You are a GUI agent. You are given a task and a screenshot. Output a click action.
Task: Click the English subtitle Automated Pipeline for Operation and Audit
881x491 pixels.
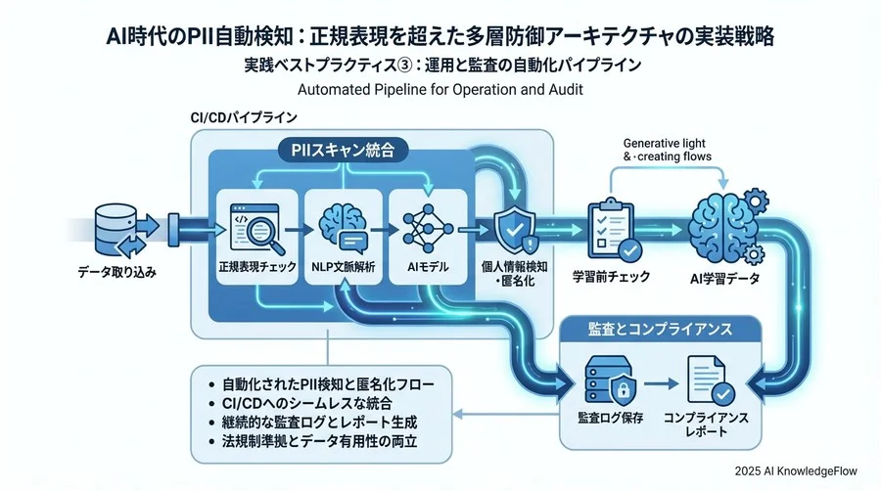(440, 91)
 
